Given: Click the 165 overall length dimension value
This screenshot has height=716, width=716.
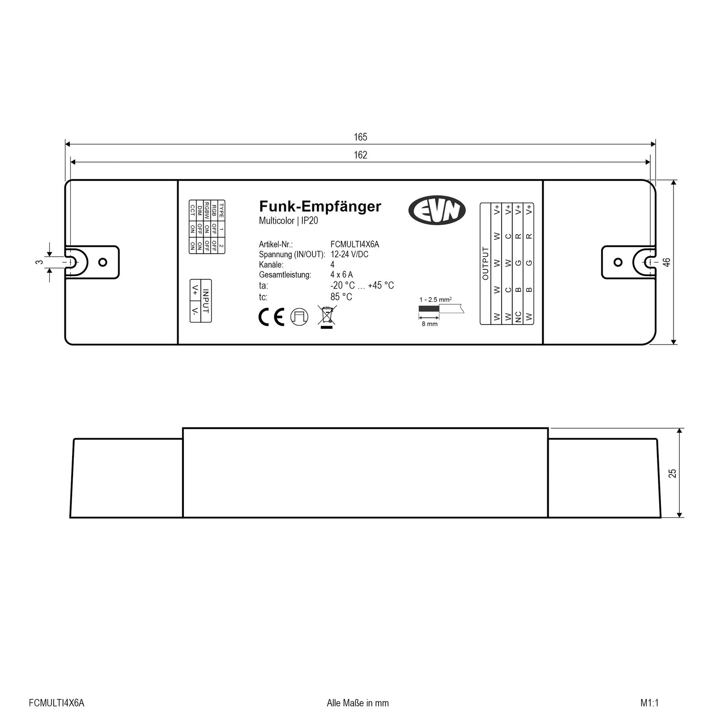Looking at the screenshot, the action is coord(360,137).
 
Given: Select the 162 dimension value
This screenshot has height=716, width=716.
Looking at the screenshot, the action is coord(360,155).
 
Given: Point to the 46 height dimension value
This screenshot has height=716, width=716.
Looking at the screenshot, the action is coord(667,262).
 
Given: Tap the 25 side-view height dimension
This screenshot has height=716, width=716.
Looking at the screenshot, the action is coord(673,473).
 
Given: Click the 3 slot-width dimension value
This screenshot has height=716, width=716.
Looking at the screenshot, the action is coord(40,262).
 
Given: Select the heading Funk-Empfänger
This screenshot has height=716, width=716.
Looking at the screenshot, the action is coord(320,206).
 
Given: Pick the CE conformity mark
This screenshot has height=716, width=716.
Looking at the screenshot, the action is coord(272,316).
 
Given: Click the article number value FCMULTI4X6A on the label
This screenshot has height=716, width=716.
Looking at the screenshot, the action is coord(354,244).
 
